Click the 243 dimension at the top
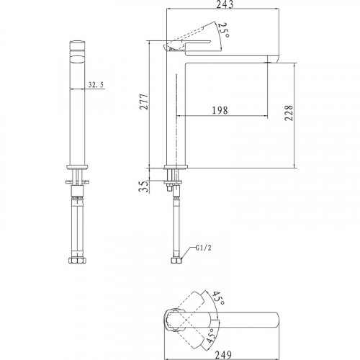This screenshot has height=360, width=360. [x=225, y=4]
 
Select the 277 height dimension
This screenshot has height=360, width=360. [x=144, y=102]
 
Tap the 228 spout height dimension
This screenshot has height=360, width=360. [x=289, y=113]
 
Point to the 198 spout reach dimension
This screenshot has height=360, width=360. [x=220, y=110]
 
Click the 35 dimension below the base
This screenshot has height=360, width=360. [x=143, y=186]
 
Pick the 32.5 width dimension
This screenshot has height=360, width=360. [x=96, y=84]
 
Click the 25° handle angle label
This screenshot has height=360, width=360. [x=224, y=30]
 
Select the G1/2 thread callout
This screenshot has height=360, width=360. [x=203, y=248]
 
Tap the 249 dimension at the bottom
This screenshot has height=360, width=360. [x=223, y=355]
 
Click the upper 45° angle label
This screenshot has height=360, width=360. [x=218, y=298]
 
